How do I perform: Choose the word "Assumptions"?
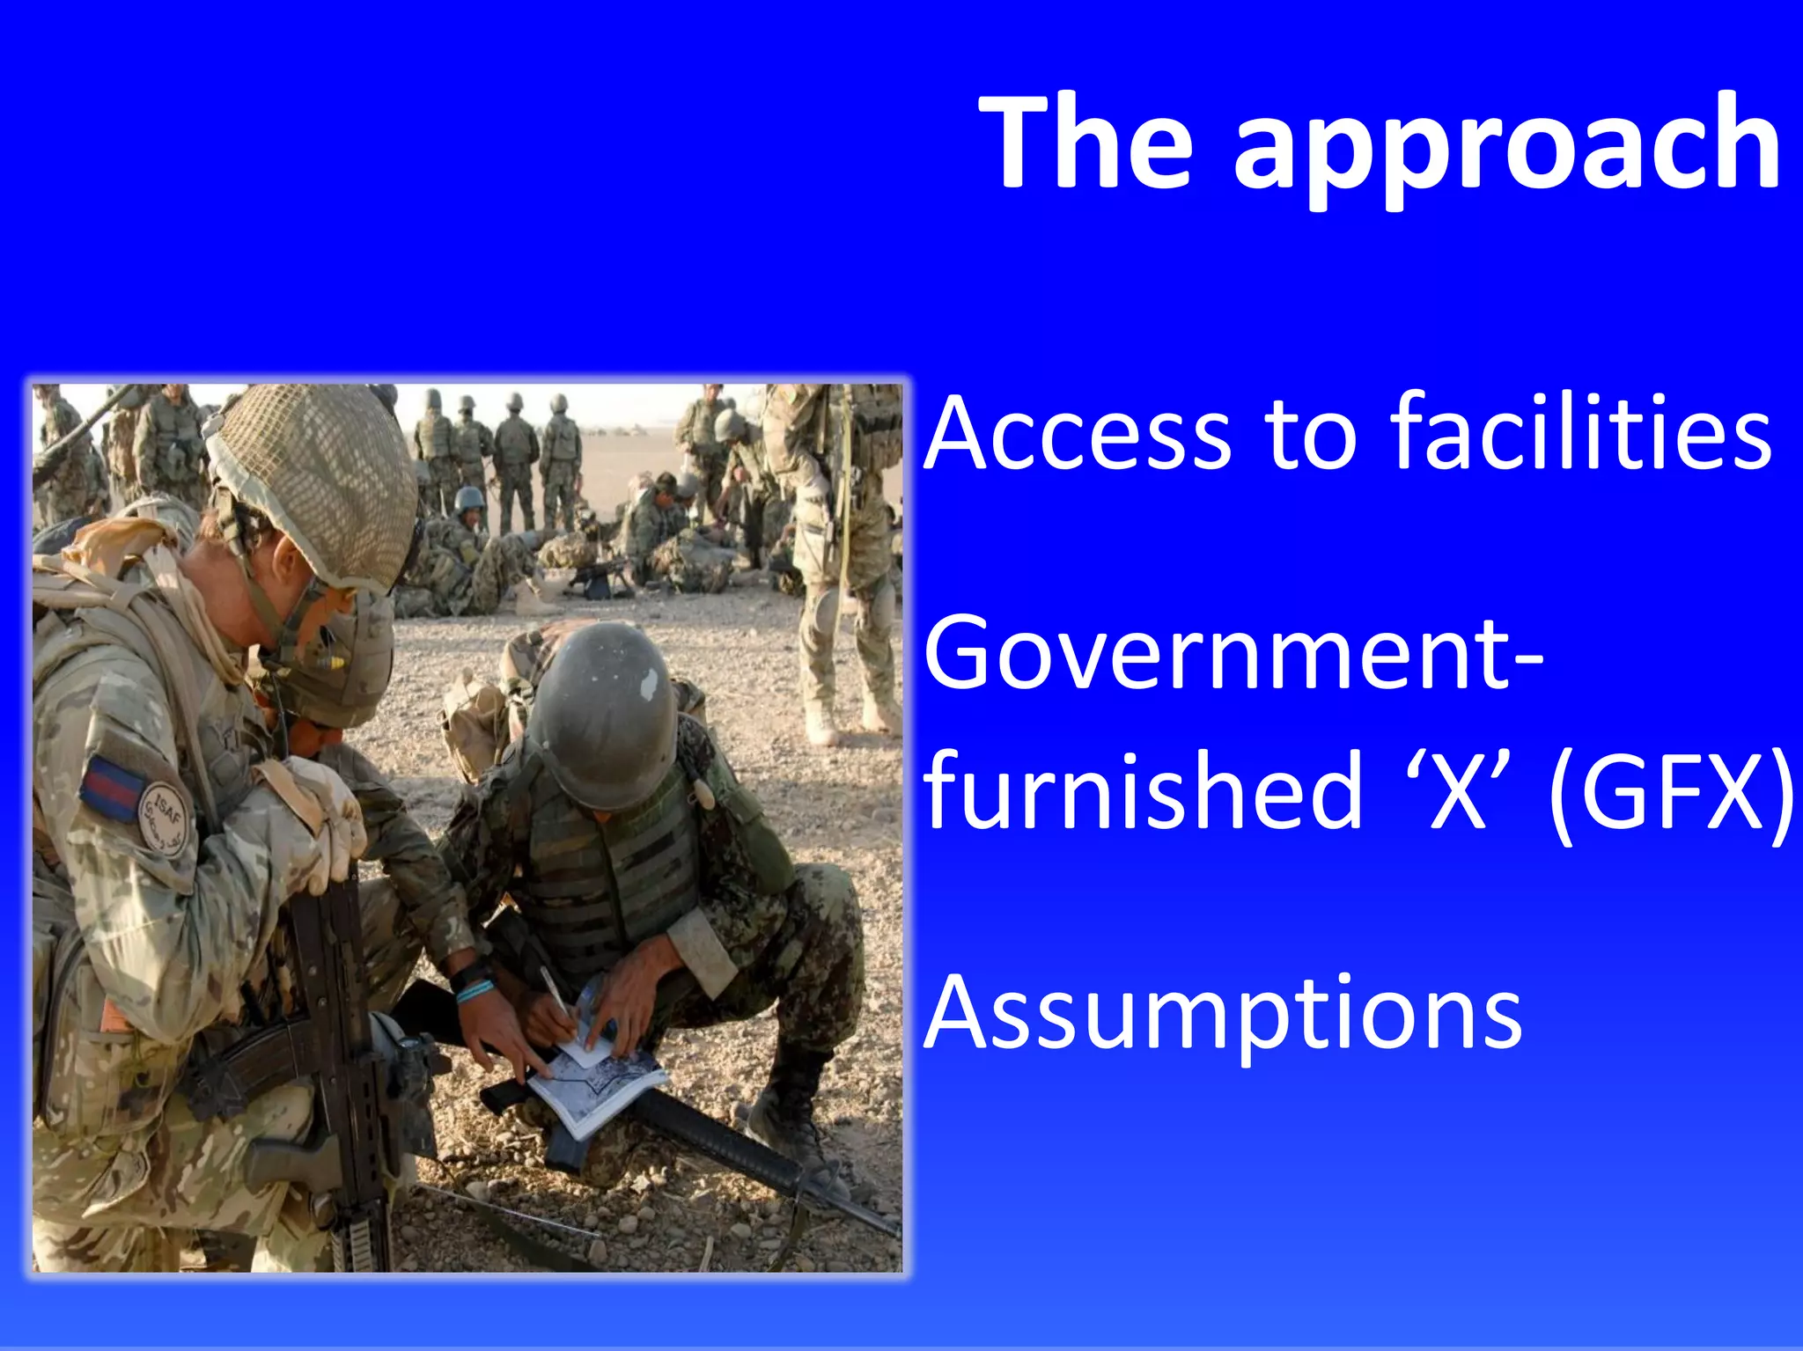[x=1223, y=1014]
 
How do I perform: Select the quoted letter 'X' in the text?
[x=1458, y=789]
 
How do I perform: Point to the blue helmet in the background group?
[x=469, y=500]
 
